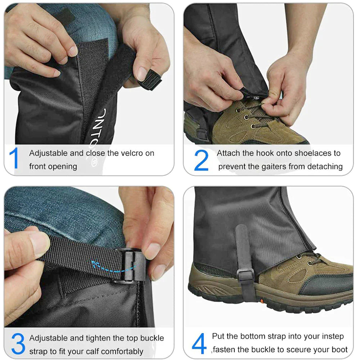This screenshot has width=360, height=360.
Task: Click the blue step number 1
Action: pyautogui.click(x=14, y=159)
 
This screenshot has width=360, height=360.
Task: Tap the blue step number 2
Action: pyautogui.click(x=201, y=160)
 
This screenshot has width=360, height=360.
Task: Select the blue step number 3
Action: pyautogui.click(x=18, y=344)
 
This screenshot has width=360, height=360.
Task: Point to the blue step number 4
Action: pyautogui.click(x=199, y=343)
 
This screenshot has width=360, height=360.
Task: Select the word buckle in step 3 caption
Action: pyautogui.click(x=152, y=338)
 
